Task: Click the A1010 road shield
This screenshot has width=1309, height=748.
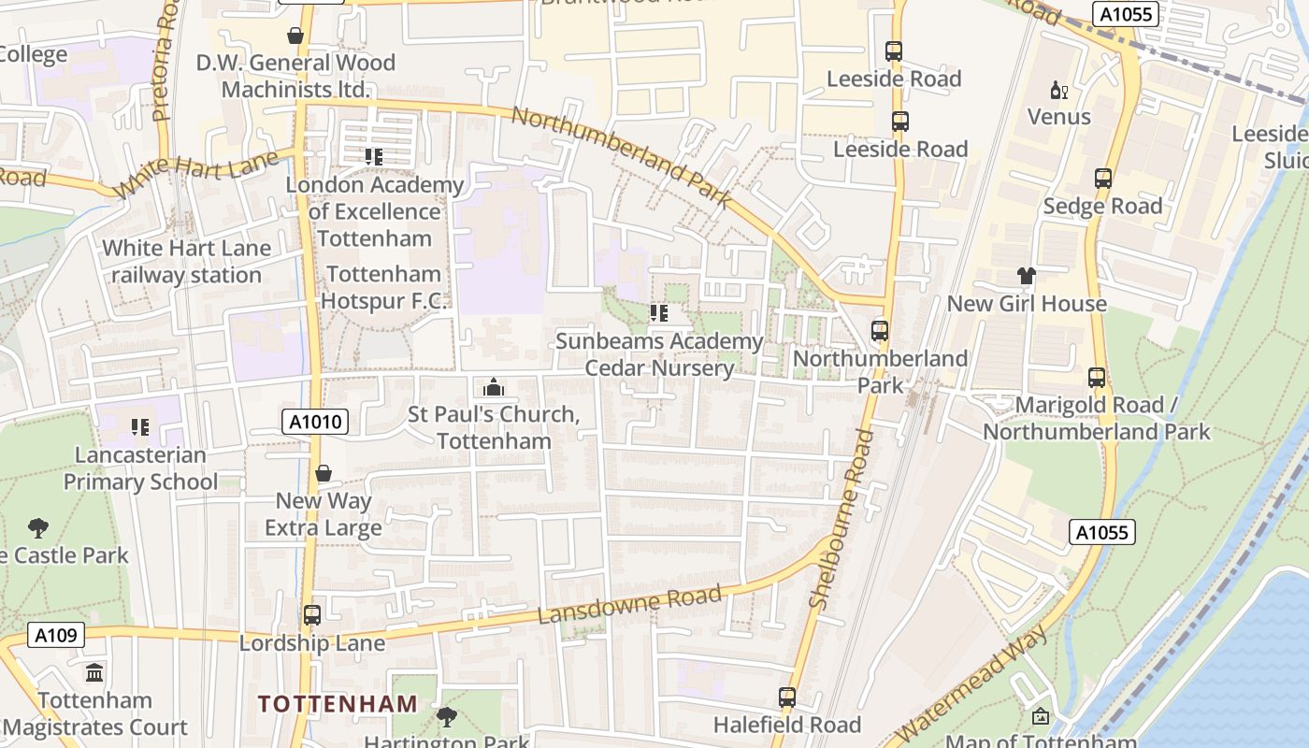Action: pos(315,422)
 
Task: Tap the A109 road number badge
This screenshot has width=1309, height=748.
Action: pos(55,635)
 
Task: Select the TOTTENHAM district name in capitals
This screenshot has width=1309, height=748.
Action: pos(338,703)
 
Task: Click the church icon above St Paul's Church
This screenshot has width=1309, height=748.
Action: pos(493,387)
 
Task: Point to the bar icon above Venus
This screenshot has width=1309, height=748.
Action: pos(1058,91)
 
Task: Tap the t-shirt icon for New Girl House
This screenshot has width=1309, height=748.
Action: pos(1027,276)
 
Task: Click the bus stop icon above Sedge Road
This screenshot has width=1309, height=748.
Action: pos(1102,179)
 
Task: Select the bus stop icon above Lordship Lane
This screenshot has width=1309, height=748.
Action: pos(311,615)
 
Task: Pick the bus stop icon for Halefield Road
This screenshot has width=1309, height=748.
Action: pos(787,698)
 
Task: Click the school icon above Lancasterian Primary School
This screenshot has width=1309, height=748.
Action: pos(140,427)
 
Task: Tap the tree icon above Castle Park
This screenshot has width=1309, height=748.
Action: pos(38,528)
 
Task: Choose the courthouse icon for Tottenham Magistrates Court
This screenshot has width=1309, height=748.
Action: pos(94,672)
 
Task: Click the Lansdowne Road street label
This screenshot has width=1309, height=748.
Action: pos(630,605)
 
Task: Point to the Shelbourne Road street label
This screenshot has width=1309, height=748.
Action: pos(841,519)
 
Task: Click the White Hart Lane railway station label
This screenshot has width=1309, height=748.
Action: pos(186,262)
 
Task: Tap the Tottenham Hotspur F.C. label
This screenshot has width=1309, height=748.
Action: pos(383,287)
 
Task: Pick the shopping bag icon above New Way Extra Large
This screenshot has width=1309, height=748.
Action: pos(324,473)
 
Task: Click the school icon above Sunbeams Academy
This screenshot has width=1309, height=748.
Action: pos(659,313)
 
